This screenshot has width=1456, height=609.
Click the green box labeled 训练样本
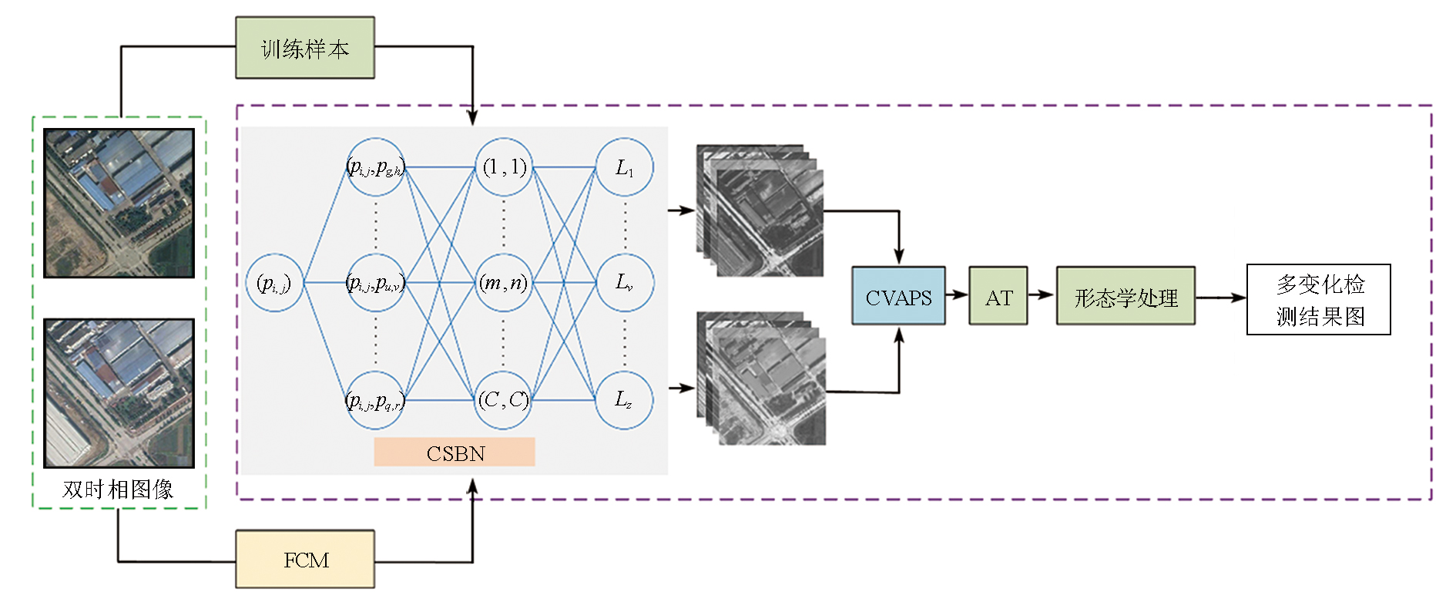[305, 48]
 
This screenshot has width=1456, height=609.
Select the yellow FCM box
[305, 560]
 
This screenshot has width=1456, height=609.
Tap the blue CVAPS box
[898, 296]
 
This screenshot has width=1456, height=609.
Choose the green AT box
[998, 296]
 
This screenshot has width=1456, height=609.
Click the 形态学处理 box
[1126, 296]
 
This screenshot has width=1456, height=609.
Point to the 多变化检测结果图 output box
[1318, 300]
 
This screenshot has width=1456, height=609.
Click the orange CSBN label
[455, 453]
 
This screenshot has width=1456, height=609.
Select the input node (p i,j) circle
[274, 283]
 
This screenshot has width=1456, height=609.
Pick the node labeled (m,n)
[504, 283]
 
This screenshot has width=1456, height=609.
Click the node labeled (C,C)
[504, 399]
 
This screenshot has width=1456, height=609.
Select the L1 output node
[625, 167]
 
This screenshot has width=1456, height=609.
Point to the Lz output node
[625, 399]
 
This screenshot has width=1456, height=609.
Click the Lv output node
[625, 283]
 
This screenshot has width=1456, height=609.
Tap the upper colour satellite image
[119, 203]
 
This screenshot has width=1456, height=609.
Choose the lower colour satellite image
[119, 393]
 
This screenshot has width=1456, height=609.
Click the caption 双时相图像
[118, 490]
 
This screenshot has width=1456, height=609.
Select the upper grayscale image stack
[760, 210]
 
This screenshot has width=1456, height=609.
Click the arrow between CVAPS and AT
[957, 294]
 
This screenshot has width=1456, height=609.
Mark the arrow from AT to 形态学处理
[1042, 294]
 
